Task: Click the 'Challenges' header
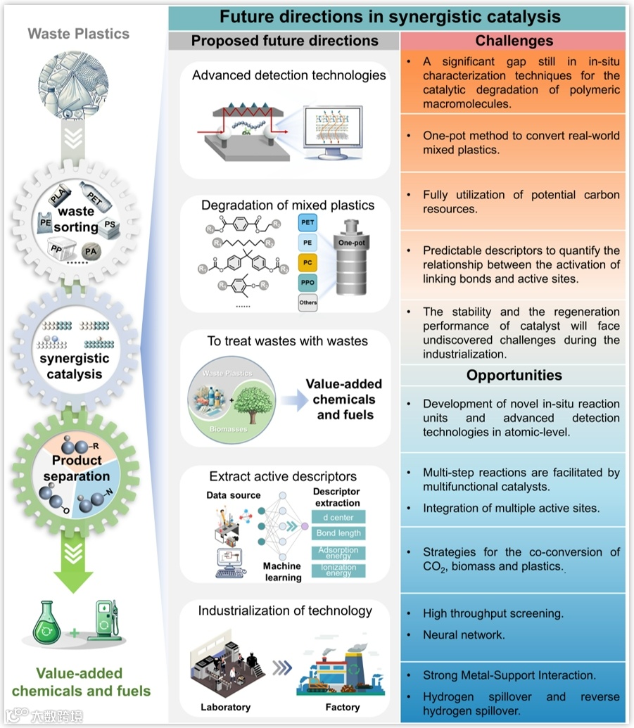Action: click(514, 41)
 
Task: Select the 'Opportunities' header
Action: click(514, 375)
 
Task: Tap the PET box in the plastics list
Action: click(308, 223)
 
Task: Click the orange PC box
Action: click(308, 262)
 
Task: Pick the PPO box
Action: click(308, 283)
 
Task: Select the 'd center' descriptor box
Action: click(338, 518)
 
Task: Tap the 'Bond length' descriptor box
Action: click(338, 535)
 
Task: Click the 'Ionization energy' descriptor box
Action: click(338, 570)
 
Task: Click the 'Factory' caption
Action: click(343, 707)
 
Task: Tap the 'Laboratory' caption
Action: click(225, 707)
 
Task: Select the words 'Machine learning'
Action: click(282, 572)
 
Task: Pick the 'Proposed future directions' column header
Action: click(284, 41)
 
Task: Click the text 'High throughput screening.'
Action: click(493, 613)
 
